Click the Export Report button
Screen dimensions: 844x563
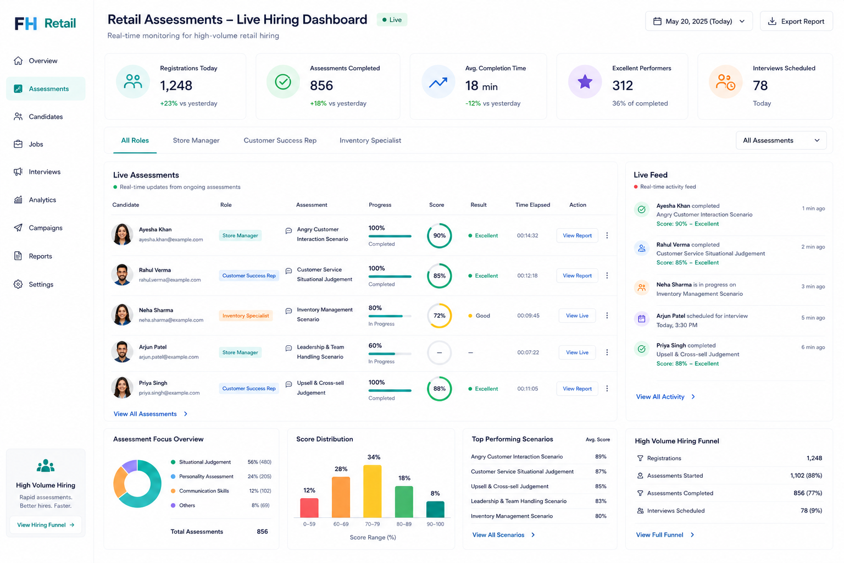tap(796, 21)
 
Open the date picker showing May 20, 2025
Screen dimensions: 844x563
tap(698, 21)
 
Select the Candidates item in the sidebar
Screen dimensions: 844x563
tap(46, 117)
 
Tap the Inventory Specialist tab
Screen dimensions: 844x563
tap(370, 140)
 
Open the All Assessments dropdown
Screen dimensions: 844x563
tap(781, 140)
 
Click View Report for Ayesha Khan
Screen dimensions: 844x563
tap(577, 235)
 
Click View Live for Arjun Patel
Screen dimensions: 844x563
tap(577, 352)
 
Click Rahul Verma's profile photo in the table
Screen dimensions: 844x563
tap(122, 275)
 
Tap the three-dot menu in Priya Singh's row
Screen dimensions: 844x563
tap(607, 388)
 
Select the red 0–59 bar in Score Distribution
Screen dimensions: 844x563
tap(309, 507)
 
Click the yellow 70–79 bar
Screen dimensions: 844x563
tap(372, 491)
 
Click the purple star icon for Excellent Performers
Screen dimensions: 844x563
tap(585, 81)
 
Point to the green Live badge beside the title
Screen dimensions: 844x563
tap(392, 20)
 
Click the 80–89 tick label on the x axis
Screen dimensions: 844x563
tap(403, 524)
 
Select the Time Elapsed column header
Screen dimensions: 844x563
tap(532, 205)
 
